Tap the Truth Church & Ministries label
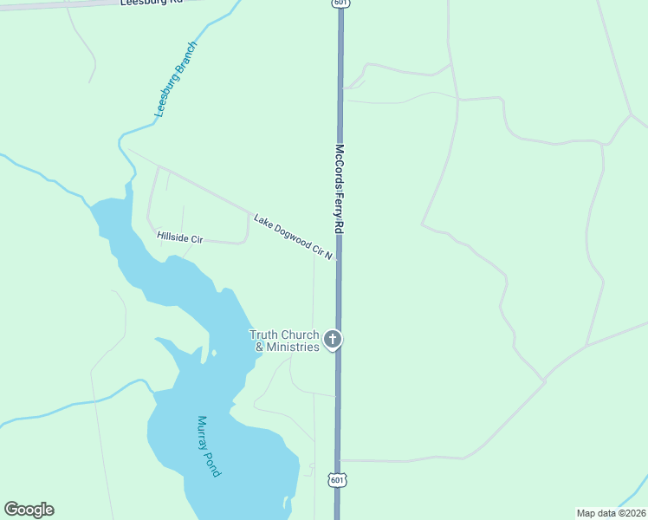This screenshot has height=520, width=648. [284, 341]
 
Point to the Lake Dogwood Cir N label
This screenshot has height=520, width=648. [293, 237]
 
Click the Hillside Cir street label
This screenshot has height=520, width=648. [179, 237]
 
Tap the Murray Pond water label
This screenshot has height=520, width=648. [208, 445]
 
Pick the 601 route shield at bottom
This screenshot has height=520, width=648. [338, 479]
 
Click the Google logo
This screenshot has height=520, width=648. [29, 510]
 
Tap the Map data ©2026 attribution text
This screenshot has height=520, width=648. [611, 513]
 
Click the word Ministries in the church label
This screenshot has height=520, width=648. [293, 348]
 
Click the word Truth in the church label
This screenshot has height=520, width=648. [263, 335]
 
